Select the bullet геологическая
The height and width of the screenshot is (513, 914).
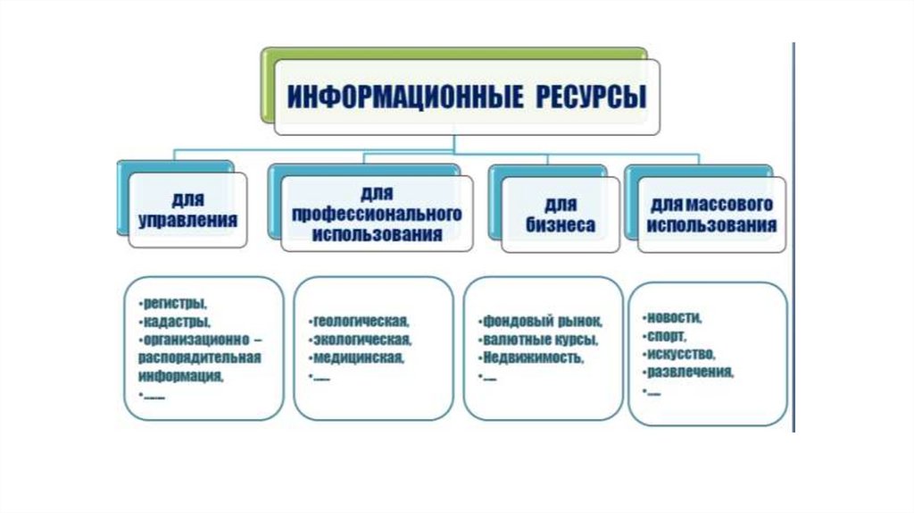coord(359,319)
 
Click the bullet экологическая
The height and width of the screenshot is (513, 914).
coord(361,339)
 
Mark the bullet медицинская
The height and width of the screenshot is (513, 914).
coord(356,357)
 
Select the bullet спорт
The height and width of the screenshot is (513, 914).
coord(663,336)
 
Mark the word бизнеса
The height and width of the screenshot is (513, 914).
coord(560,225)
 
